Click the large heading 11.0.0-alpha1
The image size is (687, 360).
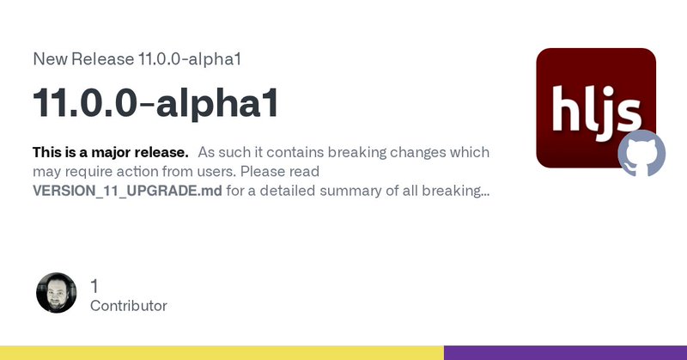tap(155, 103)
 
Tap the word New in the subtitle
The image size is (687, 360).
tap(50, 58)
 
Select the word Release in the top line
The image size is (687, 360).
tap(102, 58)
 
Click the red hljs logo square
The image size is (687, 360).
tap(596, 108)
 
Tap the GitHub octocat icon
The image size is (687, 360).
tap(641, 153)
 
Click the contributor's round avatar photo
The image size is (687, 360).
tap(56, 293)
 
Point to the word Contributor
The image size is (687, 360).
tap(128, 306)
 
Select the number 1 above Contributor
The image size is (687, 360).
tap(94, 287)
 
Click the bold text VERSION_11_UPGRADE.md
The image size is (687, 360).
tap(127, 192)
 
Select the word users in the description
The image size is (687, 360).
tap(216, 172)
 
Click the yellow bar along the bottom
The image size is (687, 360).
tap(222, 353)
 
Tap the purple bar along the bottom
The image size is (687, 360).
tap(565, 353)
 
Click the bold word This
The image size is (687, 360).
tap(47, 152)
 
